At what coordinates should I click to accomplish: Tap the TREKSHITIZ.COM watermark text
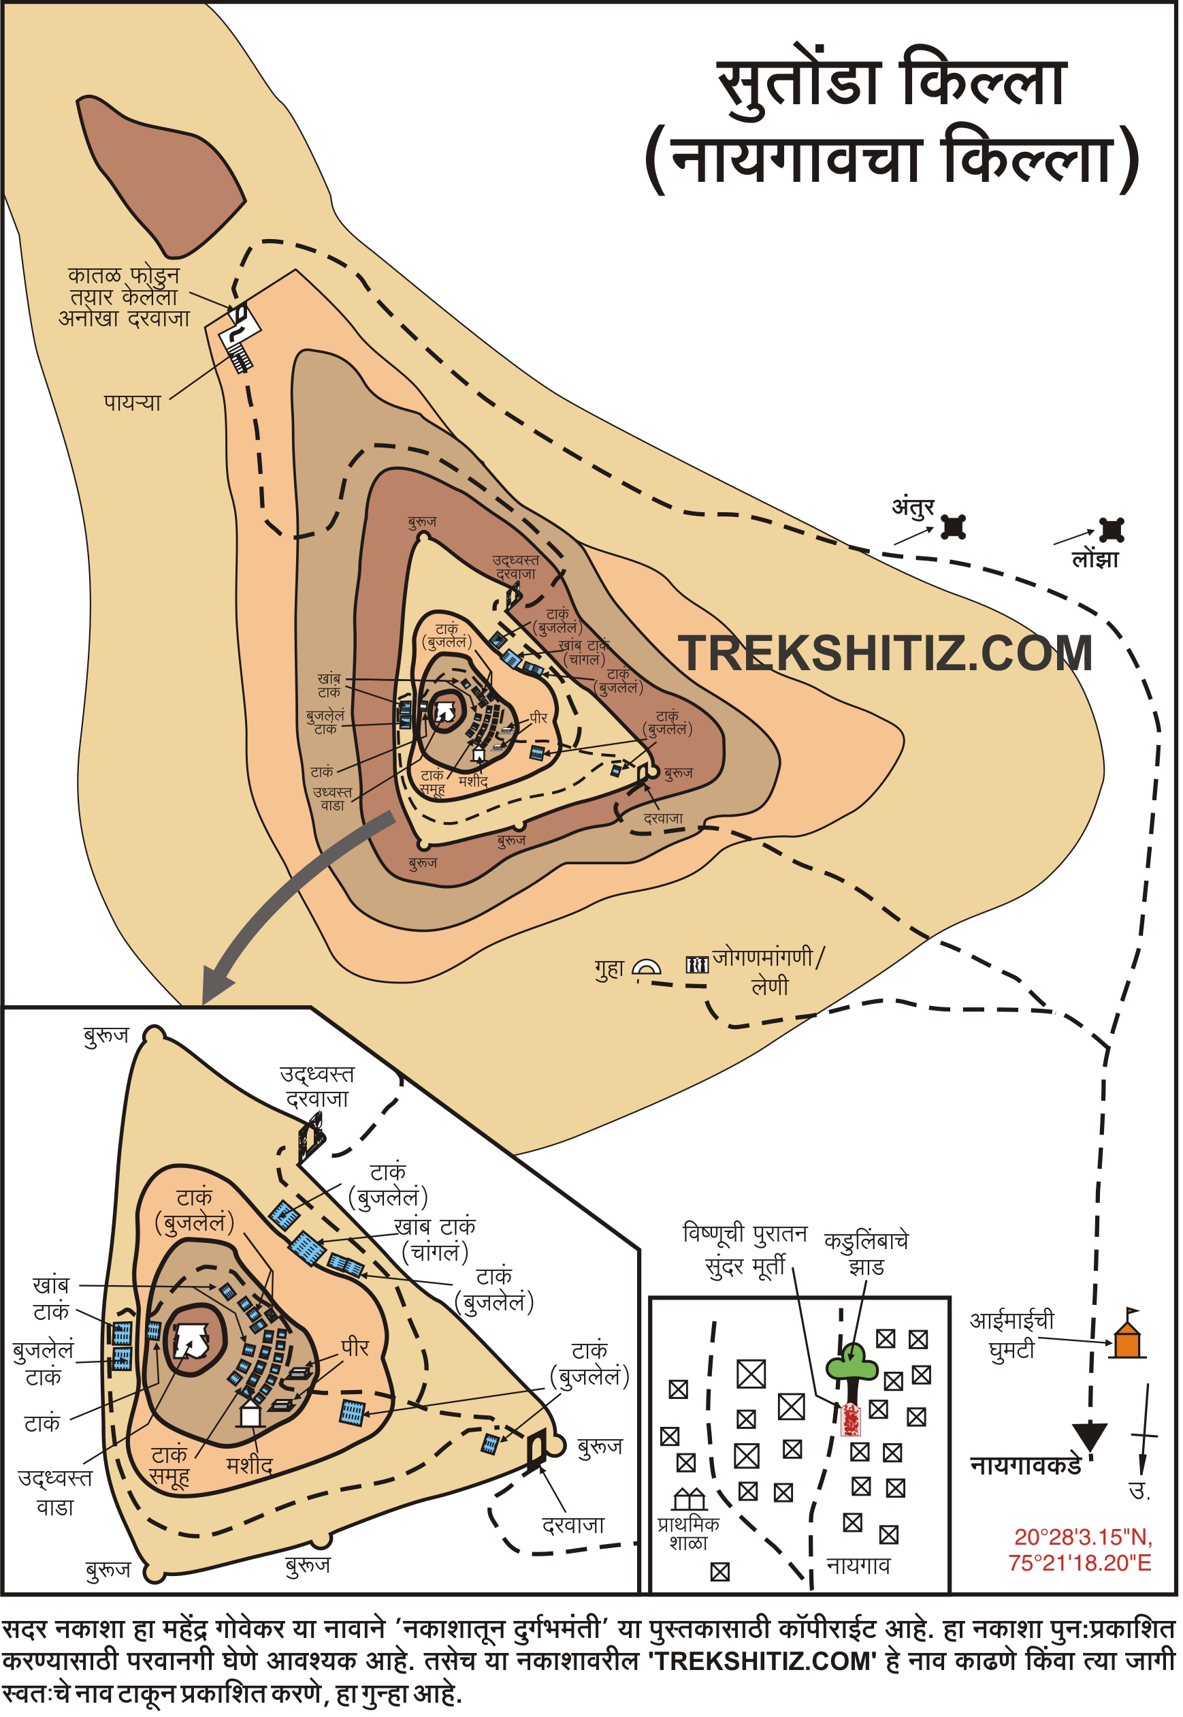[885, 653]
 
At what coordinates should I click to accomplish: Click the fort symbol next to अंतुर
[954, 526]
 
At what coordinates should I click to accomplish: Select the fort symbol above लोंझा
[1112, 531]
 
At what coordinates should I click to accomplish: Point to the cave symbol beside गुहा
[647, 968]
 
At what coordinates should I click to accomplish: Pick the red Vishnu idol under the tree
[851, 1419]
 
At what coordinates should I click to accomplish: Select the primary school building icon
[690, 1500]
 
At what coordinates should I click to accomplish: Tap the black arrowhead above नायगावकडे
[1090, 1435]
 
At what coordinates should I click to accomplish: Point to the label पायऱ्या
[132, 403]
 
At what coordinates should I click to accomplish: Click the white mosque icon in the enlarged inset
[250, 1415]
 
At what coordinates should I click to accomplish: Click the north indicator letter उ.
[1140, 1490]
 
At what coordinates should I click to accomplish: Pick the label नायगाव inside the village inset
[858, 1565]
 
